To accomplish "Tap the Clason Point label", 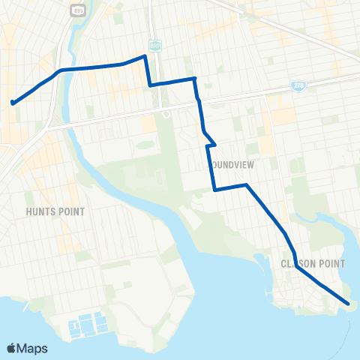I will [312, 264].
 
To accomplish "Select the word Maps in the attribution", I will [32, 348].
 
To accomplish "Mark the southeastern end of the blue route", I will [349, 304].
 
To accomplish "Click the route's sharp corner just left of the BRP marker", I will [144, 56].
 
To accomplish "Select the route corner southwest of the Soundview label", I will [214, 190].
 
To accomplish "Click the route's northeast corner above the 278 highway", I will [194, 78].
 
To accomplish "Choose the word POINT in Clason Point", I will [329, 264].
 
